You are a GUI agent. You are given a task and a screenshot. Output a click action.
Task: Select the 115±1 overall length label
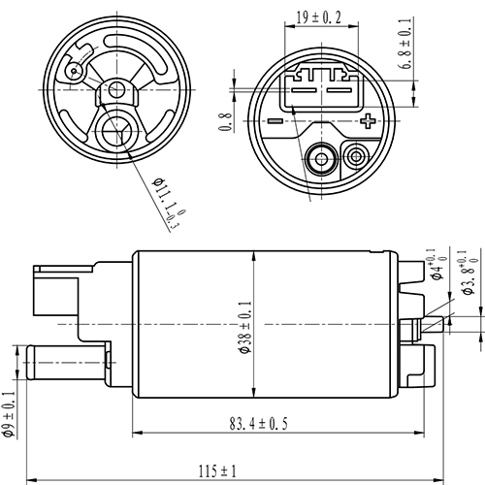tap(221, 470)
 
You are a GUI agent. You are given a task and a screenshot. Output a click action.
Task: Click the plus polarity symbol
tap(367, 121)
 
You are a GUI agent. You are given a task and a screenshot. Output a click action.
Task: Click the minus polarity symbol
tap(275, 121)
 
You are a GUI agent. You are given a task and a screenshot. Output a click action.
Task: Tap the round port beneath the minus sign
tap(318, 157)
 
